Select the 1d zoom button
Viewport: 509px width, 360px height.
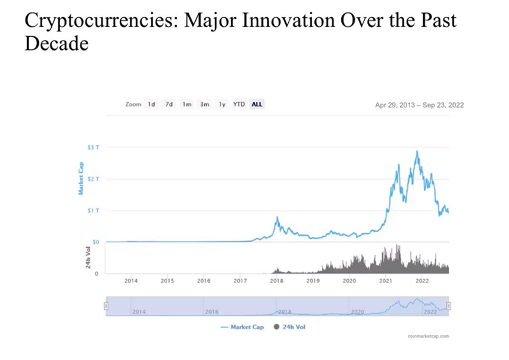click(x=152, y=104)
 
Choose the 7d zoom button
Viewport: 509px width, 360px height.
click(x=169, y=104)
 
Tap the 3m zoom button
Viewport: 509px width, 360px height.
click(x=205, y=104)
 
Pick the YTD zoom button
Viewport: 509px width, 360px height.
click(x=239, y=104)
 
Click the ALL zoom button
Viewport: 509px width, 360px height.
click(x=257, y=104)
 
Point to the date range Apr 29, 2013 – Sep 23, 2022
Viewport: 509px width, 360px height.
click(x=419, y=105)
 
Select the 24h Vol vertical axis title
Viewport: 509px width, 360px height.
click(x=88, y=257)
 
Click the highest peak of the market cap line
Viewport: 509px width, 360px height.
click(x=417, y=151)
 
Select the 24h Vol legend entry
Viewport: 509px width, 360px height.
click(x=290, y=327)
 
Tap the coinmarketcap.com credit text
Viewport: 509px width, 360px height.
click(x=427, y=336)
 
